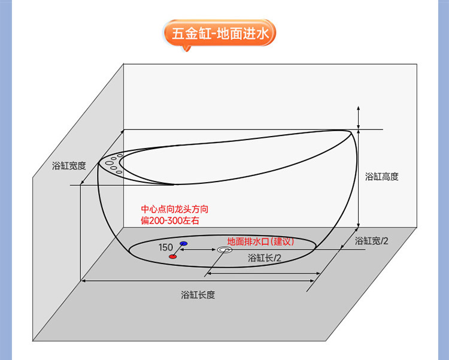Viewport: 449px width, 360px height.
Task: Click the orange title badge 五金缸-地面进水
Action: coord(220,33)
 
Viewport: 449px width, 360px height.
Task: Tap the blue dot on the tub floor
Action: coord(183,244)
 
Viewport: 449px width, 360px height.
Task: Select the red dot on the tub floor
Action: coord(173,256)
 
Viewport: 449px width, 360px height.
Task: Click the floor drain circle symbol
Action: coord(224,250)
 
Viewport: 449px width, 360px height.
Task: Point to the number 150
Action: coord(166,247)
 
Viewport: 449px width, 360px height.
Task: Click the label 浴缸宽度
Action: coord(69,166)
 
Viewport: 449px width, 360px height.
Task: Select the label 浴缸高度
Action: coord(381,177)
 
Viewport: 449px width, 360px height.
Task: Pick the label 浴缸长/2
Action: coord(265,258)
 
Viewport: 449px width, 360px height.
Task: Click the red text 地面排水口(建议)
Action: coord(261,241)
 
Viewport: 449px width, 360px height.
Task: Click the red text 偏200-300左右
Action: coord(169,221)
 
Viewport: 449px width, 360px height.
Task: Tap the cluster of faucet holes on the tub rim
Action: coord(114,164)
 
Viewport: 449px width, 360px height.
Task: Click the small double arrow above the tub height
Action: coord(358,116)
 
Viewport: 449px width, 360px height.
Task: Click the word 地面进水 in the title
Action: coord(244,33)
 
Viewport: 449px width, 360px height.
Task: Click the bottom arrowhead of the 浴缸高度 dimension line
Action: coord(358,226)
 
